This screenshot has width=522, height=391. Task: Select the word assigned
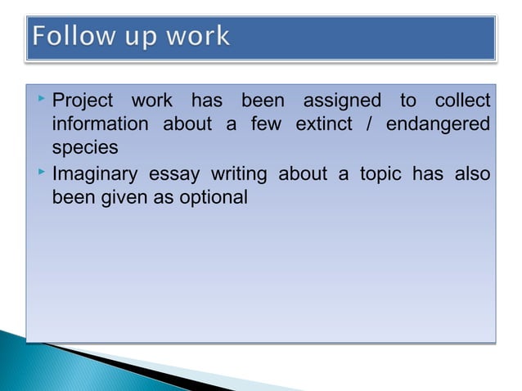(342, 101)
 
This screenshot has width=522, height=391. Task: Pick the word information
(101, 125)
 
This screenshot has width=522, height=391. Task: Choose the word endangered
(439, 126)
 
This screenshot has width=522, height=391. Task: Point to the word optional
(217, 198)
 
